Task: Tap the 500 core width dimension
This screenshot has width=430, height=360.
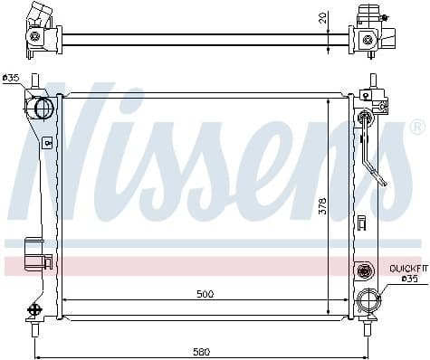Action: pos(205,294)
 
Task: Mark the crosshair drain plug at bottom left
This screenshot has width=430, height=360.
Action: pos(36,309)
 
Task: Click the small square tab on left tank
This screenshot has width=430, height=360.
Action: pos(46,142)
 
